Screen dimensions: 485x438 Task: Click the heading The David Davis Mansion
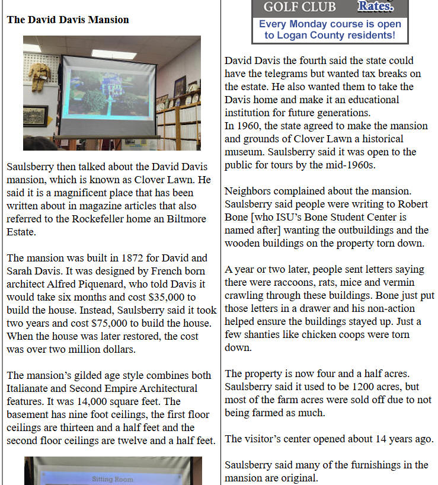click(68, 20)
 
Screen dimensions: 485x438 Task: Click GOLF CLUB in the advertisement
click(299, 7)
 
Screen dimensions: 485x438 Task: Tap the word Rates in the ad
click(375, 7)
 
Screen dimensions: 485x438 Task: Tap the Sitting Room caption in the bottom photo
click(113, 478)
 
